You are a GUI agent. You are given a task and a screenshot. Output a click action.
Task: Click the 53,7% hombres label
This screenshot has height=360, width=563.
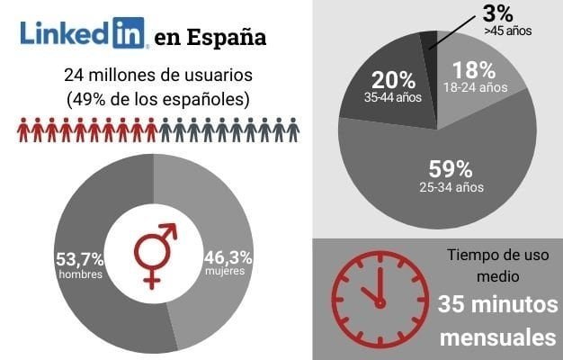79,265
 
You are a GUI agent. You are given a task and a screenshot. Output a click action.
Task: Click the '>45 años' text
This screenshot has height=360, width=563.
506,31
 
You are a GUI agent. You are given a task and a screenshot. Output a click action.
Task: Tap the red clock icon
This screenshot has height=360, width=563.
376,292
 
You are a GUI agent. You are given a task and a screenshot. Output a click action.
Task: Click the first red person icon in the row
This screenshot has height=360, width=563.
23,131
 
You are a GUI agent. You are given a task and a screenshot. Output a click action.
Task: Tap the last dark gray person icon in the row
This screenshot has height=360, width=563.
292,131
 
